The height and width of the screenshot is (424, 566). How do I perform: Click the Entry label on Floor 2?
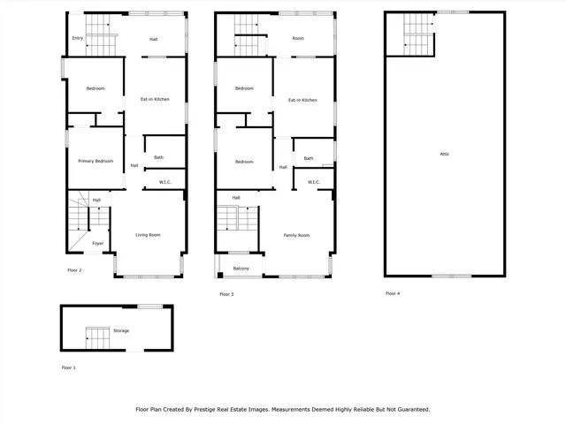[78, 39]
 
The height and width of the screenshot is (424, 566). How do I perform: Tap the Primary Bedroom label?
[96, 161]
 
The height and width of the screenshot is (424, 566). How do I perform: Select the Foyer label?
[98, 243]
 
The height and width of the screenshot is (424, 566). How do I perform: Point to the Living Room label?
[148, 235]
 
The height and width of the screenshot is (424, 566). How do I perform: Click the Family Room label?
[296, 235]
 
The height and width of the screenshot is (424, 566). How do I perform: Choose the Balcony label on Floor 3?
[241, 269]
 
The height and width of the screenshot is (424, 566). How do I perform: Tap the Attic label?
[445, 154]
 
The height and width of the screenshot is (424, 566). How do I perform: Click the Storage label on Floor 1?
[121, 330]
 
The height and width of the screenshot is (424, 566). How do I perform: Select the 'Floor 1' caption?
[69, 367]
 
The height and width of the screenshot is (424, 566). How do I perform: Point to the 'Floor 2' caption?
[74, 269]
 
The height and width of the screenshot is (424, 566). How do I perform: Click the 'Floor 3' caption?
[226, 293]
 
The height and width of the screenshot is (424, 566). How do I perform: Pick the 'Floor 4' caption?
[392, 293]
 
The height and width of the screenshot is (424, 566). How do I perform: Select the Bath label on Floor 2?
[159, 157]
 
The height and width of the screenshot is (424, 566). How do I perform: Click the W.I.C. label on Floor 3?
[313, 182]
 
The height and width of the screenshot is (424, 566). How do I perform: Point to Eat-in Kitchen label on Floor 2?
[155, 100]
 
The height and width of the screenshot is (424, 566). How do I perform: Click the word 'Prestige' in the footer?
[238, 409]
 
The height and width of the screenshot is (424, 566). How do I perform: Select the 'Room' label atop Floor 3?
[298, 39]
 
